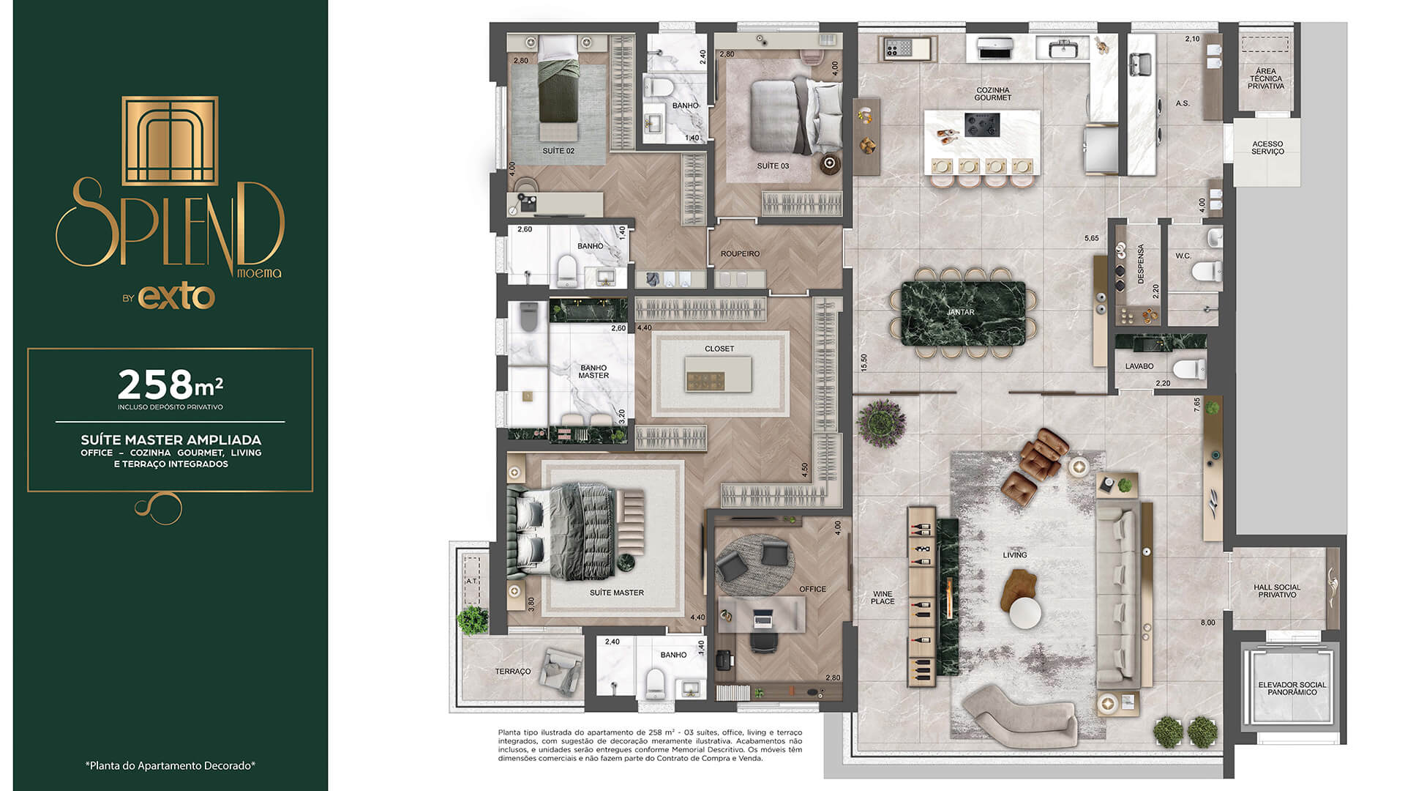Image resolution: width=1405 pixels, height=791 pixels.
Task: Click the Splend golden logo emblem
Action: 170,140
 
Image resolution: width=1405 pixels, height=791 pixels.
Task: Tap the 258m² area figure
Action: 170,384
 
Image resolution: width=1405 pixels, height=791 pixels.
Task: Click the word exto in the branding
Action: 176,297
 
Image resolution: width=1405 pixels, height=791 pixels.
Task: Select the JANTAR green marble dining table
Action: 959,313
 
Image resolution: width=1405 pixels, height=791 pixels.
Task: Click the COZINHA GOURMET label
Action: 992,94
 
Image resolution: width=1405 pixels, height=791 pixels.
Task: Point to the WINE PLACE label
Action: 883,598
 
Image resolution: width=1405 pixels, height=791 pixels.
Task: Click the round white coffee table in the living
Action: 1024,613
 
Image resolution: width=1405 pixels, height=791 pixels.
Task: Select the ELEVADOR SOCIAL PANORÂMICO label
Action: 1292,688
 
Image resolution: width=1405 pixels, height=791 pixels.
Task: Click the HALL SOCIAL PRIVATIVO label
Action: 1277,591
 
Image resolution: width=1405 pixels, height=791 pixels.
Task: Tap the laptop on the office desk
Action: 763,620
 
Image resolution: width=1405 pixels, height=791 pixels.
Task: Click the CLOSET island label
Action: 719,349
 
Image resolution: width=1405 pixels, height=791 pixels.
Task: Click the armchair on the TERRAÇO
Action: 561,668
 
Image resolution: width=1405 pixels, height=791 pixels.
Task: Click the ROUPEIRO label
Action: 740,254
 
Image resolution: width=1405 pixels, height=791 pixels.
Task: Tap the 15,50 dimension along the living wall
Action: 864,362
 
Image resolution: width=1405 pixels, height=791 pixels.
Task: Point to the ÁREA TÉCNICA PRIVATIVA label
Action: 1265,79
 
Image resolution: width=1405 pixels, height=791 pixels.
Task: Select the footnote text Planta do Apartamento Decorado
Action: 170,765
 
